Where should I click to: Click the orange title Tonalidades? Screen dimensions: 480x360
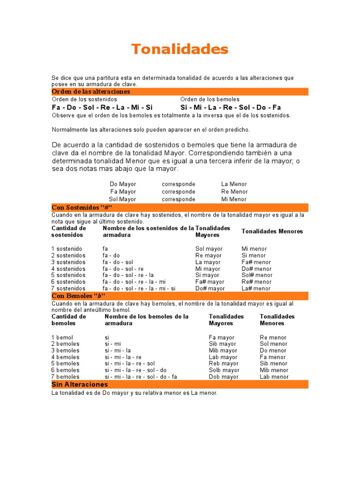(180, 49)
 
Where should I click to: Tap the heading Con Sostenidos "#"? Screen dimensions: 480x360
(82, 207)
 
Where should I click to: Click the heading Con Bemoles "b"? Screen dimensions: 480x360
(78, 296)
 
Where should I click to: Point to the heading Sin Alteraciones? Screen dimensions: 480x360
(80, 384)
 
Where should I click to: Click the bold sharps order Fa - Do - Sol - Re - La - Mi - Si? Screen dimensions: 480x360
(102, 107)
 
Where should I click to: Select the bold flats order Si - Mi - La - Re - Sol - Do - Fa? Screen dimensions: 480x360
(231, 107)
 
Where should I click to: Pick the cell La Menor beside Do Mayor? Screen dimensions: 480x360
(234, 184)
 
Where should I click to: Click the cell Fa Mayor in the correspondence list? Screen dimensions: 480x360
(123, 192)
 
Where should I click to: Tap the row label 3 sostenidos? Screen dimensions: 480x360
(68, 262)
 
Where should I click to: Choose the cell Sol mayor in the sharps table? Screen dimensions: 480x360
(209, 249)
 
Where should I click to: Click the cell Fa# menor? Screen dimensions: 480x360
(256, 262)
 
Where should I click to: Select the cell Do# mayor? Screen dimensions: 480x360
(210, 288)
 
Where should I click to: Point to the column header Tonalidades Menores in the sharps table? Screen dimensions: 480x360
(272, 231)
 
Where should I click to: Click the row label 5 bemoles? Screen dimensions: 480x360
(65, 363)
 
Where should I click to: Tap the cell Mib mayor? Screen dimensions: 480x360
(223, 350)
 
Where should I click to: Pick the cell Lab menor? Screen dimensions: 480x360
(274, 376)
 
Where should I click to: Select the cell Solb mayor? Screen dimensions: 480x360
(224, 370)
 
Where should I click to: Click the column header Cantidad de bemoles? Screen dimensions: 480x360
(68, 320)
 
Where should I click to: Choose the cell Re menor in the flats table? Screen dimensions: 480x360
(273, 337)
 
